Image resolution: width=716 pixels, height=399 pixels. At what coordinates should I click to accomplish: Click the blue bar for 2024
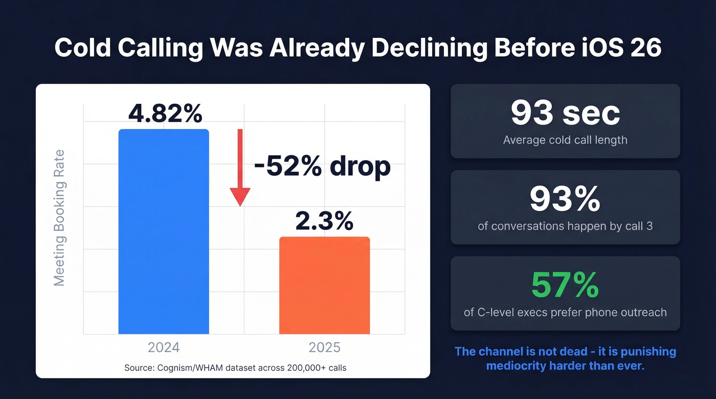164,232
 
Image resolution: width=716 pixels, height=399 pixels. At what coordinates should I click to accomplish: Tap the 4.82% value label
165,114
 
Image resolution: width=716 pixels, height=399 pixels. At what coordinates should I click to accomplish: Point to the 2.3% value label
324,221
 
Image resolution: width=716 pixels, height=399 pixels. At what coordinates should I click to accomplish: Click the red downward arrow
239,168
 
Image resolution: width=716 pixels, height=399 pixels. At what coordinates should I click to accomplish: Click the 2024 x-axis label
164,347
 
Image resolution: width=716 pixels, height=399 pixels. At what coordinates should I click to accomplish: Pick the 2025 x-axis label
324,347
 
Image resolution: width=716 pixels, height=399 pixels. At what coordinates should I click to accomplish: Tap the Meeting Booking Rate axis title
60,218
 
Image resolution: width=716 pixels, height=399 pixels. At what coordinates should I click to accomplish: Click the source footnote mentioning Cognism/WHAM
235,367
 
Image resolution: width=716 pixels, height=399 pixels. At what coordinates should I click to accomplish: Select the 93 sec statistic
565,113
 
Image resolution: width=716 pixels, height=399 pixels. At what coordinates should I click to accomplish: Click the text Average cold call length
565,139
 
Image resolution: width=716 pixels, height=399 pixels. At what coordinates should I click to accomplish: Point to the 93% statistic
565,199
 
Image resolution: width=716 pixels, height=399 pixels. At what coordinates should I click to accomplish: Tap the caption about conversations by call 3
565,226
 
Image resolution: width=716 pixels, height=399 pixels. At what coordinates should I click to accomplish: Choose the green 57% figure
565,285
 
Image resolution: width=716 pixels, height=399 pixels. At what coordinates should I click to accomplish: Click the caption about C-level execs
565,312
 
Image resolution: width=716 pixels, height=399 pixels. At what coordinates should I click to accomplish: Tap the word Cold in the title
84,48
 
